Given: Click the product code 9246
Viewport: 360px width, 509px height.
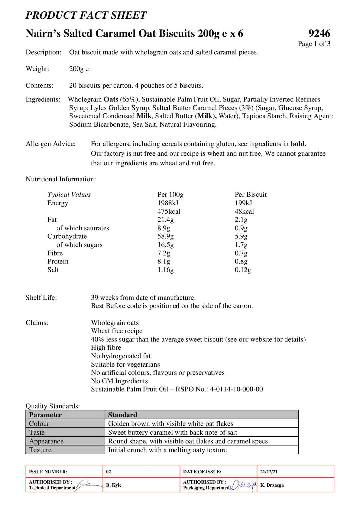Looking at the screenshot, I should (319, 33).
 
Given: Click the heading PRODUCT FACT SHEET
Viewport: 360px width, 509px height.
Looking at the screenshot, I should (86, 15).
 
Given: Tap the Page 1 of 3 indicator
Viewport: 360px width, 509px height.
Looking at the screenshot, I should (314, 44).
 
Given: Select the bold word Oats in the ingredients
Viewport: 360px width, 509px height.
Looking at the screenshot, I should (111, 99).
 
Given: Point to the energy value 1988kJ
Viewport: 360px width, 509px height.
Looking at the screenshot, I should (168, 203).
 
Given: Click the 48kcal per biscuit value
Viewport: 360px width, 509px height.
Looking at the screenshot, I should (244, 211).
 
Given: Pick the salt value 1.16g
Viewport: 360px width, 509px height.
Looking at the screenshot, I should (165, 270).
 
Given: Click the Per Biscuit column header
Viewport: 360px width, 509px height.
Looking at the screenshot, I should (250, 194).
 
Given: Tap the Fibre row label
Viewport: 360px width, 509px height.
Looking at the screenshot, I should (55, 253).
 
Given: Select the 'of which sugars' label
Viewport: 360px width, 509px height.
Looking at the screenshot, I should (79, 245).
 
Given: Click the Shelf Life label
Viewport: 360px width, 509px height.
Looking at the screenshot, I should (41, 297).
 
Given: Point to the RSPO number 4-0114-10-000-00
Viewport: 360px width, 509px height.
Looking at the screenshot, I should (236, 389).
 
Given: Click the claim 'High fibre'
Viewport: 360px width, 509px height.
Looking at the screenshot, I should (106, 347).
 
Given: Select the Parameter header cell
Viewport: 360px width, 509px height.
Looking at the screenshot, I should (45, 415).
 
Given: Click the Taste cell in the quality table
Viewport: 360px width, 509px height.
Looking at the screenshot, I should (37, 432).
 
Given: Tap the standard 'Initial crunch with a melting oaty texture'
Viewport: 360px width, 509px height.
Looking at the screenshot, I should (167, 450).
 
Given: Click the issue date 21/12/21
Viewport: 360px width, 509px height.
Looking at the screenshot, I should (269, 472).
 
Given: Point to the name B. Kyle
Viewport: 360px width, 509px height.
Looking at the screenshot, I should (114, 485).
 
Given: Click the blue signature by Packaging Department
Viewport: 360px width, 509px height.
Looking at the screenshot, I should (244, 485).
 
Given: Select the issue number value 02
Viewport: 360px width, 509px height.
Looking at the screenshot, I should (108, 472).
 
